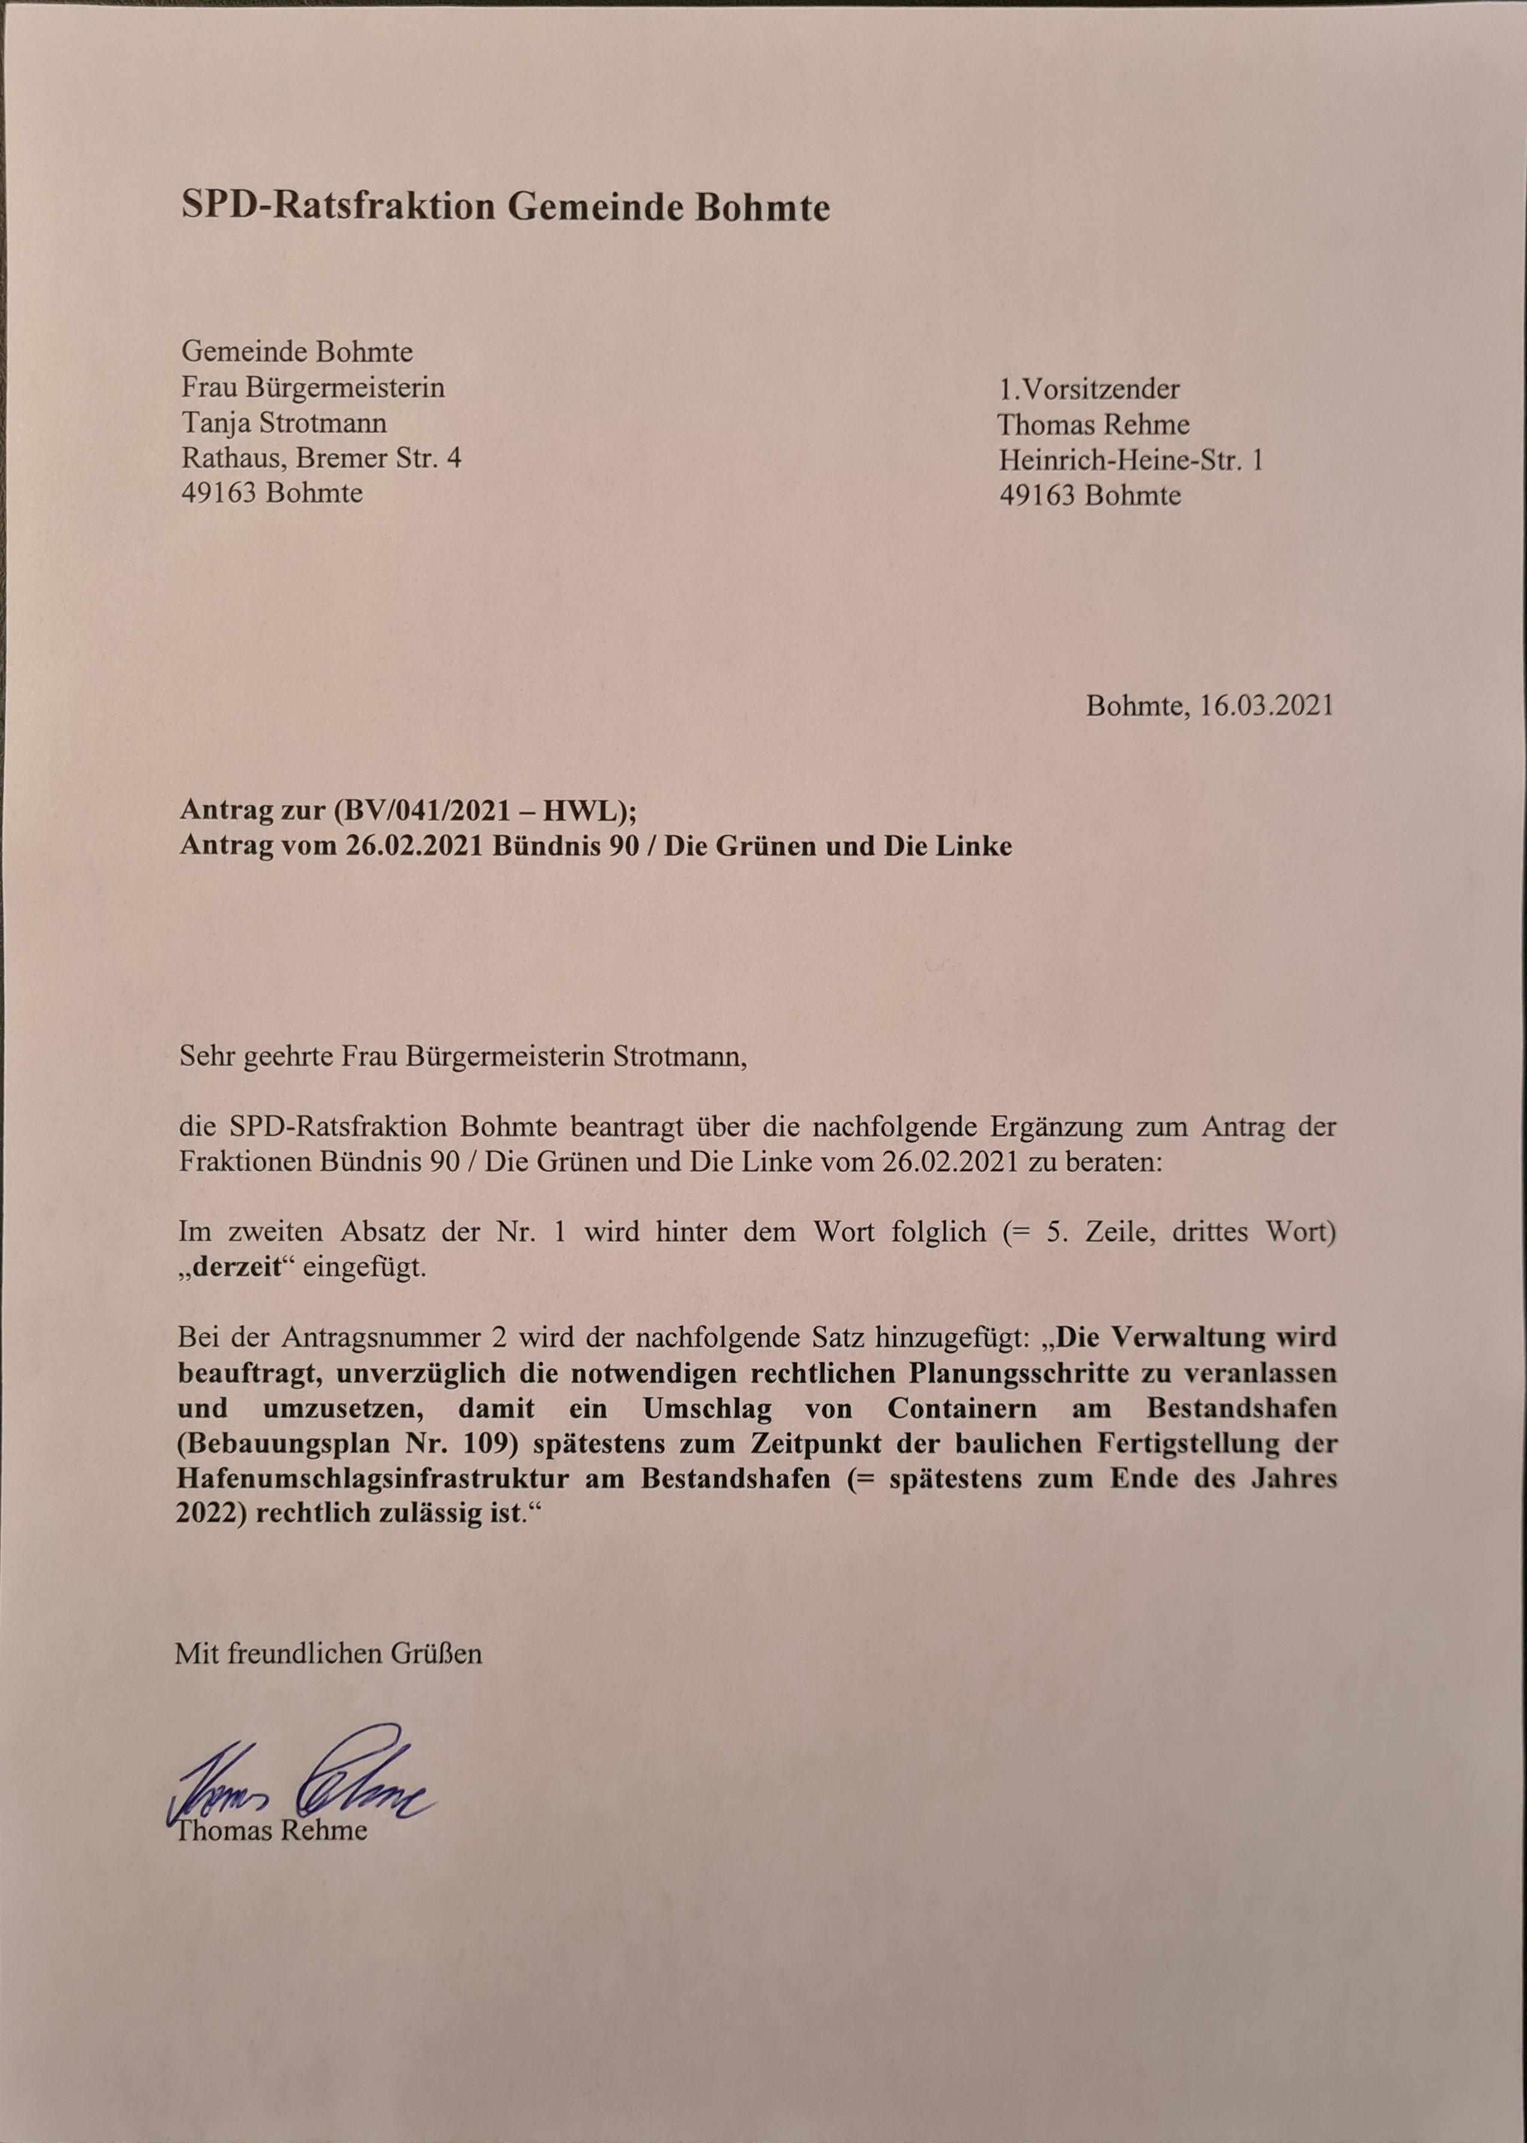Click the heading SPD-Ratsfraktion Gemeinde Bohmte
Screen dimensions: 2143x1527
point(505,206)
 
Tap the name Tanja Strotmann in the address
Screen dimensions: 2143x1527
point(283,423)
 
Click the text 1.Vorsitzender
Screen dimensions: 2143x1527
point(1088,388)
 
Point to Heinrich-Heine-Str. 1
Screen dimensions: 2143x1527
point(1130,460)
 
